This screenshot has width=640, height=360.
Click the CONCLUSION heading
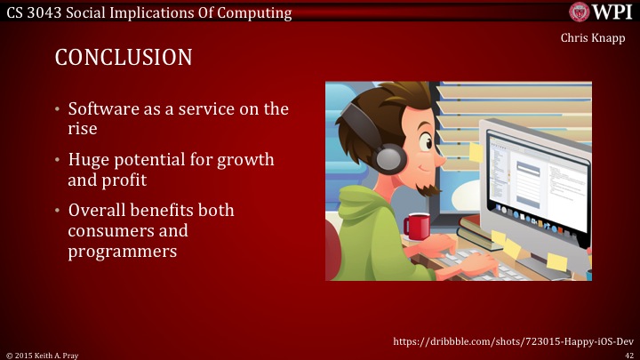(124, 58)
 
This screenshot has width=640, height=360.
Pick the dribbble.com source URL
(513, 340)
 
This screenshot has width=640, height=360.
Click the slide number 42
(629, 354)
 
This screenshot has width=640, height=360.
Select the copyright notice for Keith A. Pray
(43, 354)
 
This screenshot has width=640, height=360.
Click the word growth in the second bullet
(243, 160)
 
